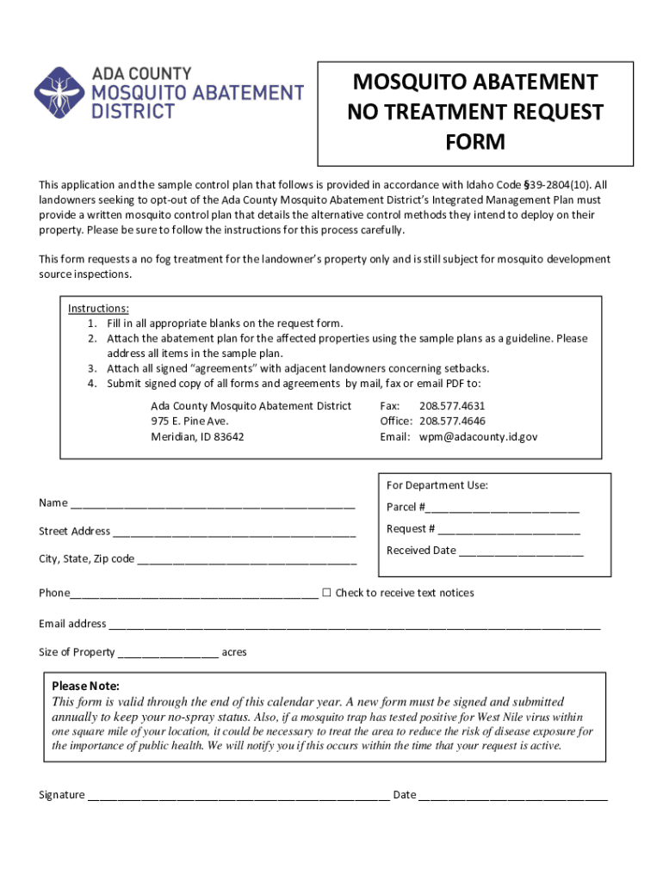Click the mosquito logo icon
click(59, 94)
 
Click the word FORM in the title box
click(475, 142)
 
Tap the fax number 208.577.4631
click(452, 405)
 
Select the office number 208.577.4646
click(452, 421)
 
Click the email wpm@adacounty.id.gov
click(478, 436)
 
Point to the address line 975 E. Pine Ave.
click(189, 421)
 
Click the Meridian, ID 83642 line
click(197, 436)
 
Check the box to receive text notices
click(326, 592)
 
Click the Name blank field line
click(213, 504)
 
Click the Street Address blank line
click(234, 533)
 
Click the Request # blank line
click(509, 530)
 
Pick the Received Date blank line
click(521, 551)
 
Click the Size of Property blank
click(168, 653)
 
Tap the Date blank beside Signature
click(513, 796)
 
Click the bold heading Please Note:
click(85, 686)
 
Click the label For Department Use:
click(437, 485)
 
